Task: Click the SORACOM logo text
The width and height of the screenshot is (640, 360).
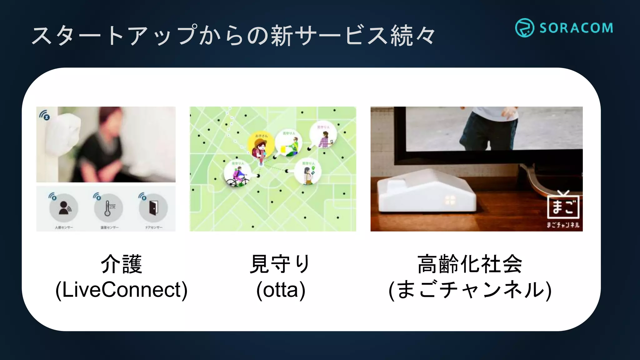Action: click(x=576, y=28)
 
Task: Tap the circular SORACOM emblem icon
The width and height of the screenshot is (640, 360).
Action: click(x=524, y=28)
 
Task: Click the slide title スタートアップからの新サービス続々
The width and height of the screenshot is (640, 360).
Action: click(x=233, y=35)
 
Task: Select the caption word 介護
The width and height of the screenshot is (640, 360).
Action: click(x=122, y=264)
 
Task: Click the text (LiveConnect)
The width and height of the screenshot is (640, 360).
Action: click(x=122, y=290)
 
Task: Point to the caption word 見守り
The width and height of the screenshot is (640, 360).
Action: click(x=280, y=264)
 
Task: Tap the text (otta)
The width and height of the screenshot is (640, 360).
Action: click(x=281, y=290)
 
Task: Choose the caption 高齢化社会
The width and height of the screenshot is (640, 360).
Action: click(x=470, y=264)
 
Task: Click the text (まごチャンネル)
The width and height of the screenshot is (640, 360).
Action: click(x=470, y=290)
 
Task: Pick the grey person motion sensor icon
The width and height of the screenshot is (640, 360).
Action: click(x=64, y=208)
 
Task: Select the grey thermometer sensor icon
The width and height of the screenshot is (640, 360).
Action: click(x=108, y=208)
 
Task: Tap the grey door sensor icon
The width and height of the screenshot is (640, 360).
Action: click(x=153, y=208)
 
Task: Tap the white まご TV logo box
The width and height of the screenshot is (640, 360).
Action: click(x=563, y=207)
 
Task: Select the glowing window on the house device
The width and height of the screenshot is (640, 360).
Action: click(x=450, y=200)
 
